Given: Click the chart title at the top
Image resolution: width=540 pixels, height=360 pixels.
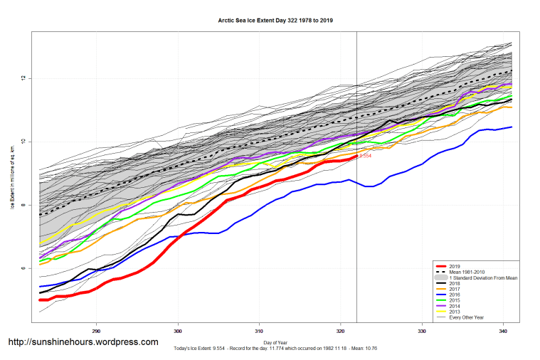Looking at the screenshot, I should point(275,21).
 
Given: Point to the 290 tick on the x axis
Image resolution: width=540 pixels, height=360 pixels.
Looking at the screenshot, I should point(96,331).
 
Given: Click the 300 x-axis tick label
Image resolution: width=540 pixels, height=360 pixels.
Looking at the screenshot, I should point(178,331).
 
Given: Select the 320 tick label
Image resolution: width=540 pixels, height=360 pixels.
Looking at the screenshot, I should point(341,331).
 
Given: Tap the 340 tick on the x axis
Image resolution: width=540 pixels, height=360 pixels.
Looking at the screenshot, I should point(503,331).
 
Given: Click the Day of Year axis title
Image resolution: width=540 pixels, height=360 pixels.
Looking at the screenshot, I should point(277,342).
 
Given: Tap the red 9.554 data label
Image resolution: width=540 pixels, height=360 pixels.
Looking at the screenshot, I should point(365,155).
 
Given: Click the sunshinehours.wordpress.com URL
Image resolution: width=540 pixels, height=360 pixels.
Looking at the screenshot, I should point(83,342).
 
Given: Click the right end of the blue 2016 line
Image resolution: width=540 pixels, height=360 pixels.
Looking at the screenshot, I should point(511,127).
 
